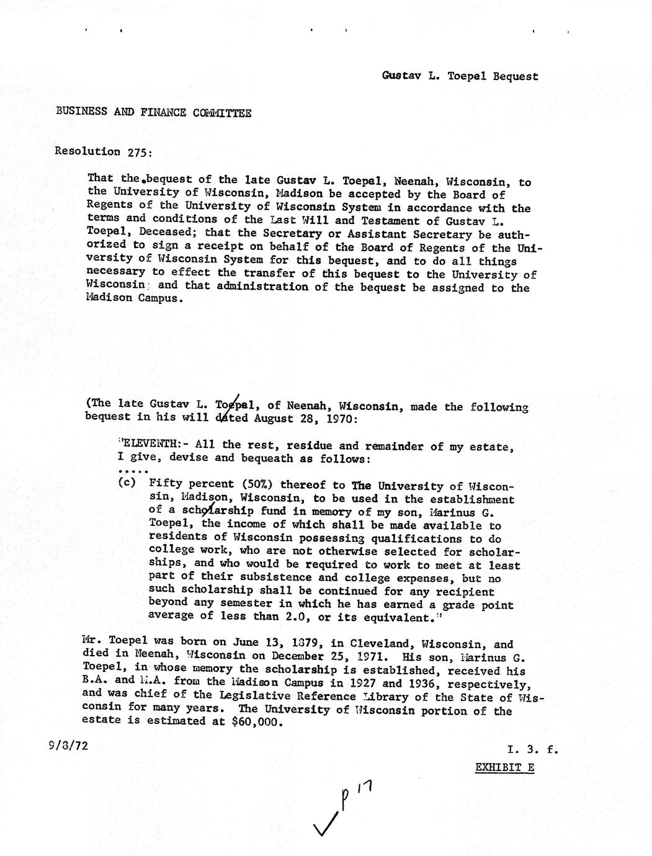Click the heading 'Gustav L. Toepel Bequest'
(x=460, y=76)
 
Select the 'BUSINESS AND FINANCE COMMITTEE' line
(x=153, y=112)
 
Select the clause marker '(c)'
(x=127, y=484)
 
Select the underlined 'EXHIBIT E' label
(x=504, y=767)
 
